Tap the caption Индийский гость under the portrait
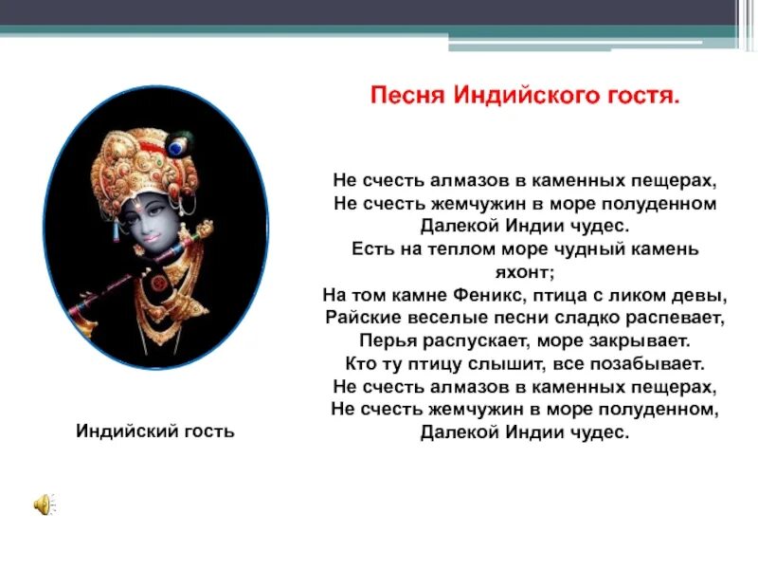[154, 431]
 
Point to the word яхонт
[524, 271]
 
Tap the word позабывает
[646, 363]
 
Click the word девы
[704, 294]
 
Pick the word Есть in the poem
[371, 248]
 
